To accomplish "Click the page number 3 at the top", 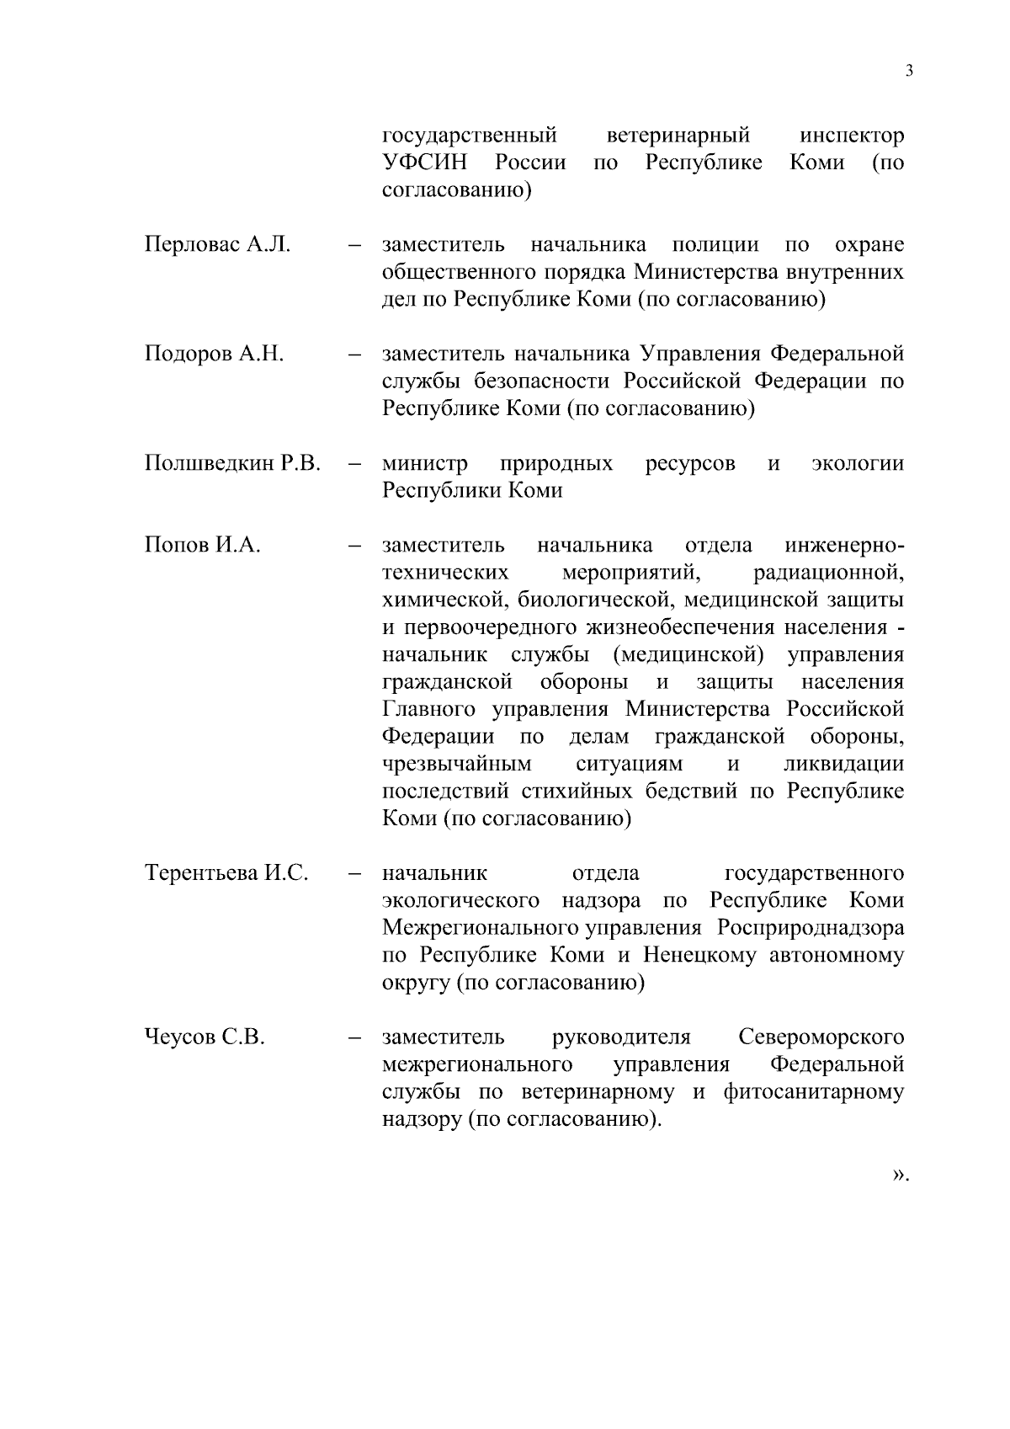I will (909, 71).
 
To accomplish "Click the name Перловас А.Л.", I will (217, 245).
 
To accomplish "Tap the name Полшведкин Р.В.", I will (232, 463).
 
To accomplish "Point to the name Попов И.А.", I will (202, 545).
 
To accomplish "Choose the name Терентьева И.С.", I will (226, 873).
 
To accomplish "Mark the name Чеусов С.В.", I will (205, 1037).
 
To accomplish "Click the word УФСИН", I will (424, 163).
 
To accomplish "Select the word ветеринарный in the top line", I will (678, 136).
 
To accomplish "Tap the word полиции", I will (715, 245).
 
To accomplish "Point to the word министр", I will (425, 463).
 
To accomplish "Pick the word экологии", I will (857, 463).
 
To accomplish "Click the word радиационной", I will (829, 573).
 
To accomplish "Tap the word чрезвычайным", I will (457, 765).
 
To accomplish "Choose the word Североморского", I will (821, 1037).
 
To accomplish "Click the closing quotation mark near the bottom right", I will (900, 1174).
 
